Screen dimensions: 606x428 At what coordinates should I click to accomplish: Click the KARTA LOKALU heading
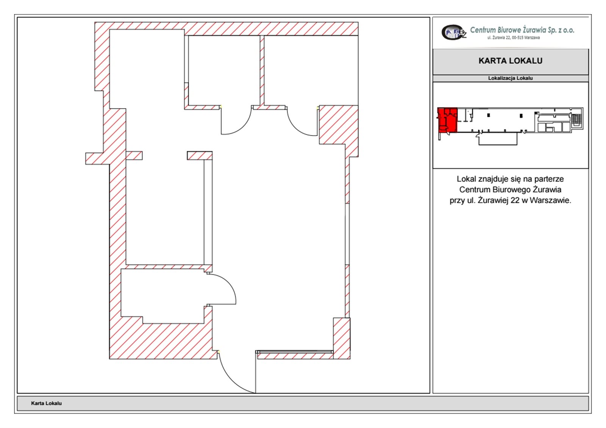(x=510, y=61)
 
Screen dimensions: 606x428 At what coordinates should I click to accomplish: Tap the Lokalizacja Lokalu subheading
(x=510, y=78)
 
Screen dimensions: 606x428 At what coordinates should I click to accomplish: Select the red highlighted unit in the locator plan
(x=447, y=120)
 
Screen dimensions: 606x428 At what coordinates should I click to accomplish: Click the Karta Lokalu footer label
(x=46, y=403)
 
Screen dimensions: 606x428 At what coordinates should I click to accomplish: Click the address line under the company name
(x=514, y=37)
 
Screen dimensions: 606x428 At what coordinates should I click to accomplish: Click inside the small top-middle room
(x=224, y=70)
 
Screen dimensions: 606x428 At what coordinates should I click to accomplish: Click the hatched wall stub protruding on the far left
(x=94, y=159)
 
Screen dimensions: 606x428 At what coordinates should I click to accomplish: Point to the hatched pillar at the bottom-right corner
(x=341, y=338)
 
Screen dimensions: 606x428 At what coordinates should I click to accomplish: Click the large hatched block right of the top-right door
(x=339, y=125)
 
